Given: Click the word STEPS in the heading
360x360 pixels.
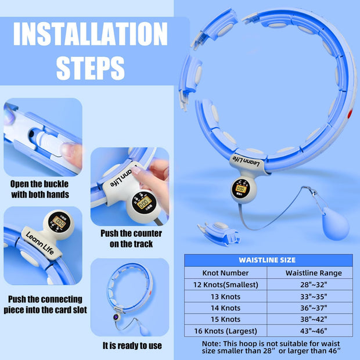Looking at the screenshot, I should coord(91,68).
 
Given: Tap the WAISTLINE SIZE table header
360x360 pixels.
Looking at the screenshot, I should coord(267,260).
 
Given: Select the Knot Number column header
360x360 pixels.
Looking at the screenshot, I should coord(225,272).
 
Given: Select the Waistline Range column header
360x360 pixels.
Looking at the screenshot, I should coord(314,272).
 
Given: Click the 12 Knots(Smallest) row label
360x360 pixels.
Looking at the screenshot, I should coord(225,285).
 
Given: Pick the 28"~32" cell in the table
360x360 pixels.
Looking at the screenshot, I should coord(314,285).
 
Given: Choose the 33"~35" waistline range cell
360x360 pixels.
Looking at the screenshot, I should coord(314,297).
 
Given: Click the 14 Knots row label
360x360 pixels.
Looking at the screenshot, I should coord(225,308).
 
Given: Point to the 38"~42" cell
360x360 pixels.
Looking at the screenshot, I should coord(314,319).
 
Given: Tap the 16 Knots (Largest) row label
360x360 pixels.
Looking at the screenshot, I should coord(225,331).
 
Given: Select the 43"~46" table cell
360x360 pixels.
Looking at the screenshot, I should coord(314,331).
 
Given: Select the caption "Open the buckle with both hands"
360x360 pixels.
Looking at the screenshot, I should coord(40,189).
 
